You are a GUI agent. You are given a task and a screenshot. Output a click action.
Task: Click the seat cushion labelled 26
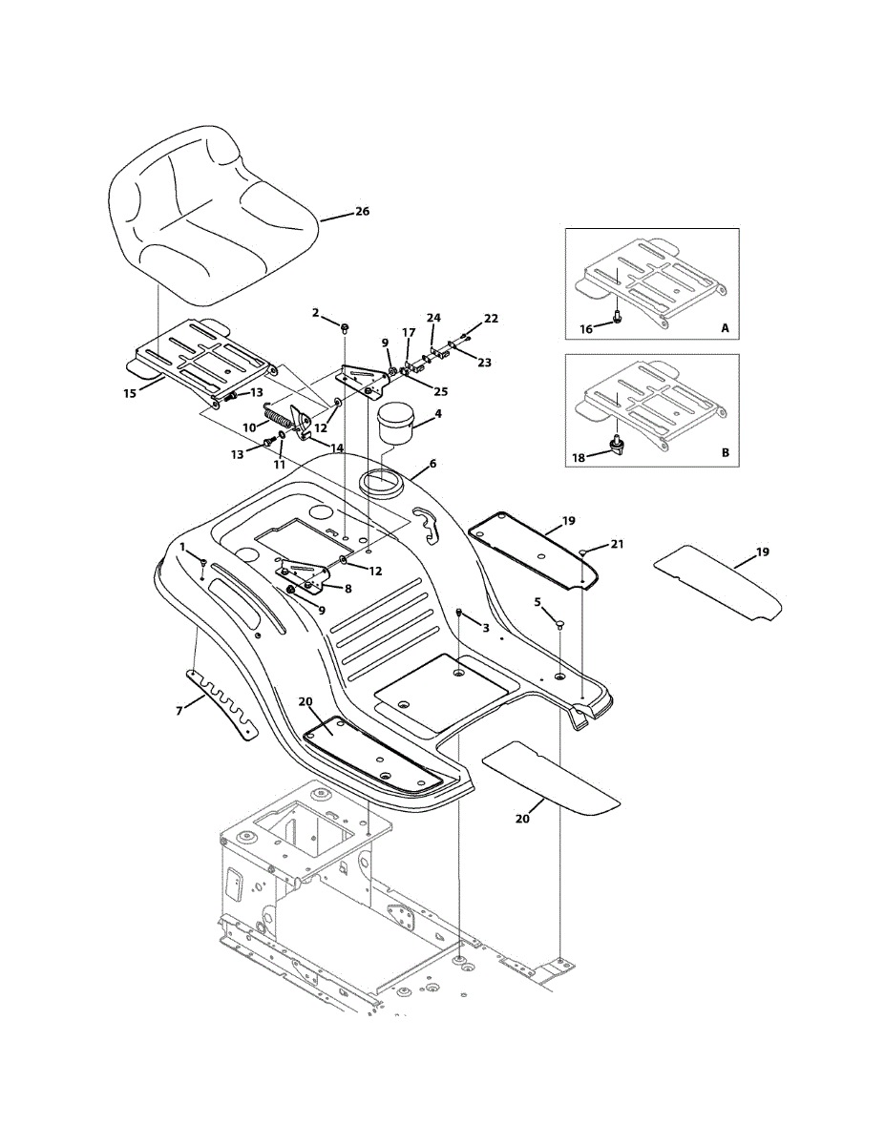click(x=210, y=215)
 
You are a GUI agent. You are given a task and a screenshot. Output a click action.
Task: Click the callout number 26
click(x=362, y=211)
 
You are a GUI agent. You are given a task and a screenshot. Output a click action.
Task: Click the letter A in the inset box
click(x=725, y=327)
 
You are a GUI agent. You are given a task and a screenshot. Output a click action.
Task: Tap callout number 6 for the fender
click(x=432, y=463)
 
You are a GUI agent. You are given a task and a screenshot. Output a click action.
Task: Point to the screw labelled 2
click(x=346, y=327)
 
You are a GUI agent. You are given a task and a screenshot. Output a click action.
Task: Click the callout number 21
click(x=617, y=544)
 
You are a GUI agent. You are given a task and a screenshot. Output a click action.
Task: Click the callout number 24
click(x=433, y=317)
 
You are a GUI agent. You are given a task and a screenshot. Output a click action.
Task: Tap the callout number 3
click(x=485, y=628)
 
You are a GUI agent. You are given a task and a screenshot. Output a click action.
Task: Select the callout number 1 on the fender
click(x=182, y=546)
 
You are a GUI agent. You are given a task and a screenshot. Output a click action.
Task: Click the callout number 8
click(x=347, y=588)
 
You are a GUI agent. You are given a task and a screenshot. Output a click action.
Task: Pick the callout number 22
click(x=491, y=319)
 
